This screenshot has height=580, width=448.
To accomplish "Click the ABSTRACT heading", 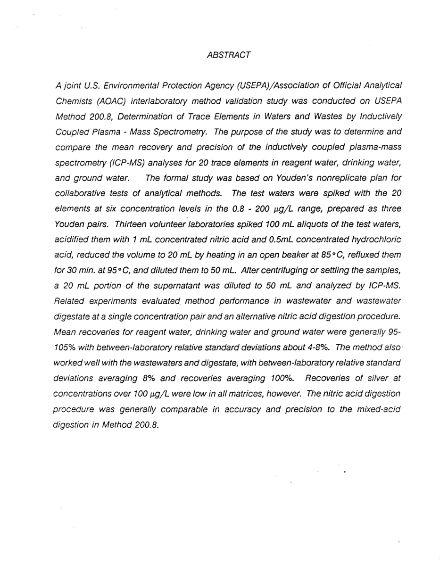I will pos(229,55).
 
